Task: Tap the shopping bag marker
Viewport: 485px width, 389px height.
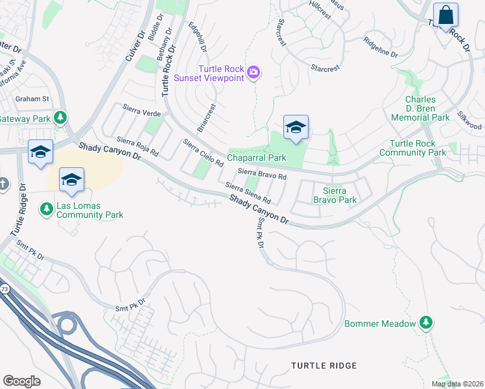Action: pyautogui.click(x=445, y=15)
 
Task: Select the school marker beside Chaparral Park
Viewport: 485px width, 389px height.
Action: pyautogui.click(x=296, y=128)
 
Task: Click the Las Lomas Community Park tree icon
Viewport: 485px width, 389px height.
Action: pyautogui.click(x=46, y=209)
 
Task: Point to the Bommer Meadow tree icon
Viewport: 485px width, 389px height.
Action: pyautogui.click(x=425, y=322)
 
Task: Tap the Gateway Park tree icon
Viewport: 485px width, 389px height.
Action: pyautogui.click(x=60, y=117)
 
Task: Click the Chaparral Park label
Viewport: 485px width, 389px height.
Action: pyautogui.click(x=256, y=158)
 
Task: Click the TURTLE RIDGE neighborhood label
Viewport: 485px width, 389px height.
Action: pyautogui.click(x=324, y=366)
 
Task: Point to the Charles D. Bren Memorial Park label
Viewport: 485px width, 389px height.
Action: pyautogui.click(x=420, y=109)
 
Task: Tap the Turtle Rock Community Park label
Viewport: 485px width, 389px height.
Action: pyautogui.click(x=418, y=148)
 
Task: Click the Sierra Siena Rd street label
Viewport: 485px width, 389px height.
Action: pyautogui.click(x=247, y=193)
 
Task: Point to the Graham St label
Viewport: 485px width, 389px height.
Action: pyautogui.click(x=33, y=99)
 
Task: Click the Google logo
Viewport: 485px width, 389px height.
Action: pyautogui.click(x=22, y=381)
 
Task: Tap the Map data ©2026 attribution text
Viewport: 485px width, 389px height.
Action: pyautogui.click(x=457, y=384)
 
